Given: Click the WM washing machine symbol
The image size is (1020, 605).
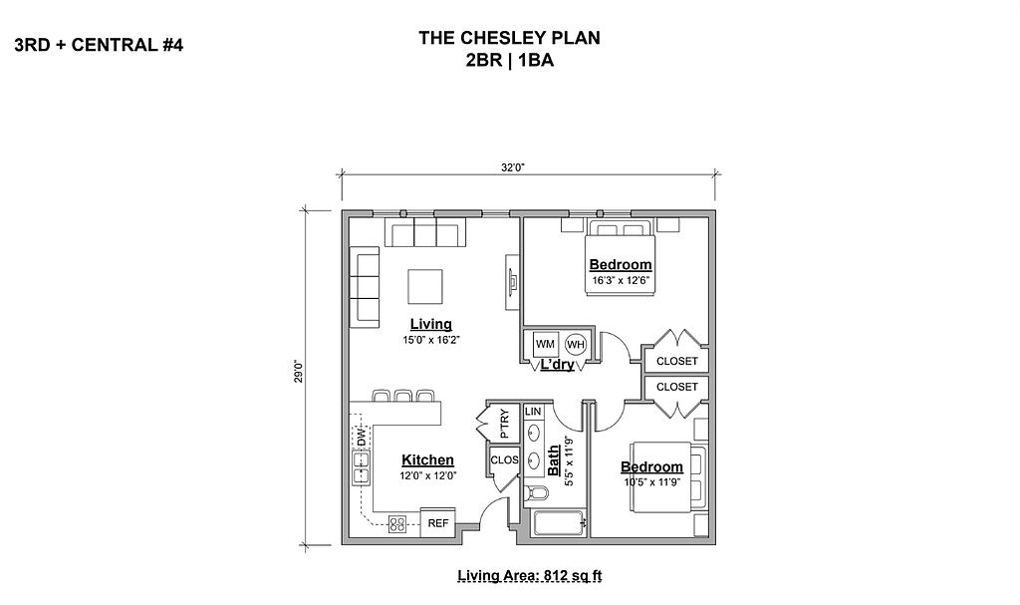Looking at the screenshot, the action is tap(545, 343).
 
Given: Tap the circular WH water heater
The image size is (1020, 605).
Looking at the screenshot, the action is tap(576, 344).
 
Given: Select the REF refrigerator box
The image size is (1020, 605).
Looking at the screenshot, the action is tap(438, 522).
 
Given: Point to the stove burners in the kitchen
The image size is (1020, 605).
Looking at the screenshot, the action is tap(397, 523).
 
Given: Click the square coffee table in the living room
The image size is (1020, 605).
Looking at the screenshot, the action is tap(425, 286).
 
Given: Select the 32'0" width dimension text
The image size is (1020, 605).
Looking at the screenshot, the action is tap(513, 167).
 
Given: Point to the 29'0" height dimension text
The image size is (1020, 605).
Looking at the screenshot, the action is tap(299, 371).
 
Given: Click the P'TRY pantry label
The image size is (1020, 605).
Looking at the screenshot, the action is tap(504, 424).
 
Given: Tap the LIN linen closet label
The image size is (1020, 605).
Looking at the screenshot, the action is tap(533, 412).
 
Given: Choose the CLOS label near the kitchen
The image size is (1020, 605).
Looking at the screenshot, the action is tap(504, 459).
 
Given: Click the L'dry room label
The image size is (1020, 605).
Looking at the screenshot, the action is tap(558, 364).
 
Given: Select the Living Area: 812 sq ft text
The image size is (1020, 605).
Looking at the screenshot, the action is tap(530, 576).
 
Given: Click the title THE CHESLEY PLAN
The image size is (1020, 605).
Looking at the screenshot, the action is tap(509, 38).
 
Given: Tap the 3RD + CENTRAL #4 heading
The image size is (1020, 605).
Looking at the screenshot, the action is tap(99, 45).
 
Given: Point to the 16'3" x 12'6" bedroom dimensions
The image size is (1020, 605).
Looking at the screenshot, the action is tap(621, 281).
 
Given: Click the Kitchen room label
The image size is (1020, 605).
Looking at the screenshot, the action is tap(427, 459).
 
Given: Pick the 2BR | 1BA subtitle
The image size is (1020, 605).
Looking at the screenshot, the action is tap(509, 61).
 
